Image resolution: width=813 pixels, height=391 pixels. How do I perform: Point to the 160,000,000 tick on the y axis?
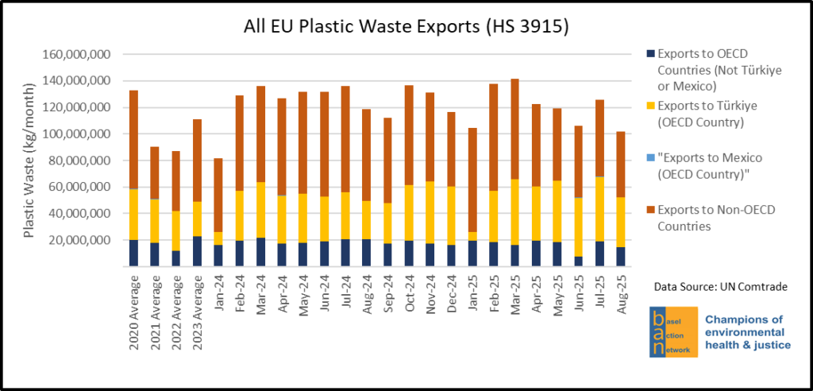tap(79, 55)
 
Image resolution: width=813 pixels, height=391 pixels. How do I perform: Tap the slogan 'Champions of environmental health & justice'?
tap(746, 331)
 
